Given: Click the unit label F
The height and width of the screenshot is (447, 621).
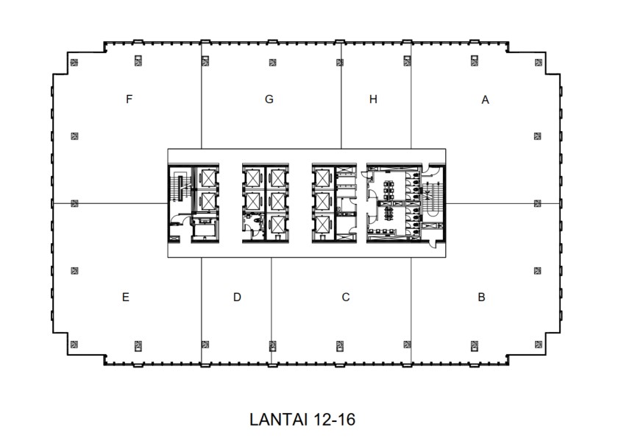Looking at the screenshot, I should coord(129,99).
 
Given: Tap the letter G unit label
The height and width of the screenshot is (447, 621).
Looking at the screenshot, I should coord(269,99).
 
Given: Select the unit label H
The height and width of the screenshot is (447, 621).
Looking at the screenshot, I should coord(373,99).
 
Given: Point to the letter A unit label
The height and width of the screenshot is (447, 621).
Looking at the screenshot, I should coord(485,100).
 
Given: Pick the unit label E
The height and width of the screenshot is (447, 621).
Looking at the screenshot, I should coord(127,298).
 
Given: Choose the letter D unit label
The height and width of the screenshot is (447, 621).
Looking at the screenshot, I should coord(237,298).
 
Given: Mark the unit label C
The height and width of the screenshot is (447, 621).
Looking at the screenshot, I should coord(345,298).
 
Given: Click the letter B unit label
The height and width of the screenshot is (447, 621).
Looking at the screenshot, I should coord(481,298).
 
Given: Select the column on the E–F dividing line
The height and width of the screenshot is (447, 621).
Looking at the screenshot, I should coord(74,203).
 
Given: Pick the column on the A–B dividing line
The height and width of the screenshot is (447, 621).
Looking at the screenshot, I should coord(537,203).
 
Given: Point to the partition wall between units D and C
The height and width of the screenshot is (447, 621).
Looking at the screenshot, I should coord(272,309).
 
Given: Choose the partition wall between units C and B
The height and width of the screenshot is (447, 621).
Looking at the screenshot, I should coord(410,309).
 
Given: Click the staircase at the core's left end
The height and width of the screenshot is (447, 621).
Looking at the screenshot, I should coord(177,189).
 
